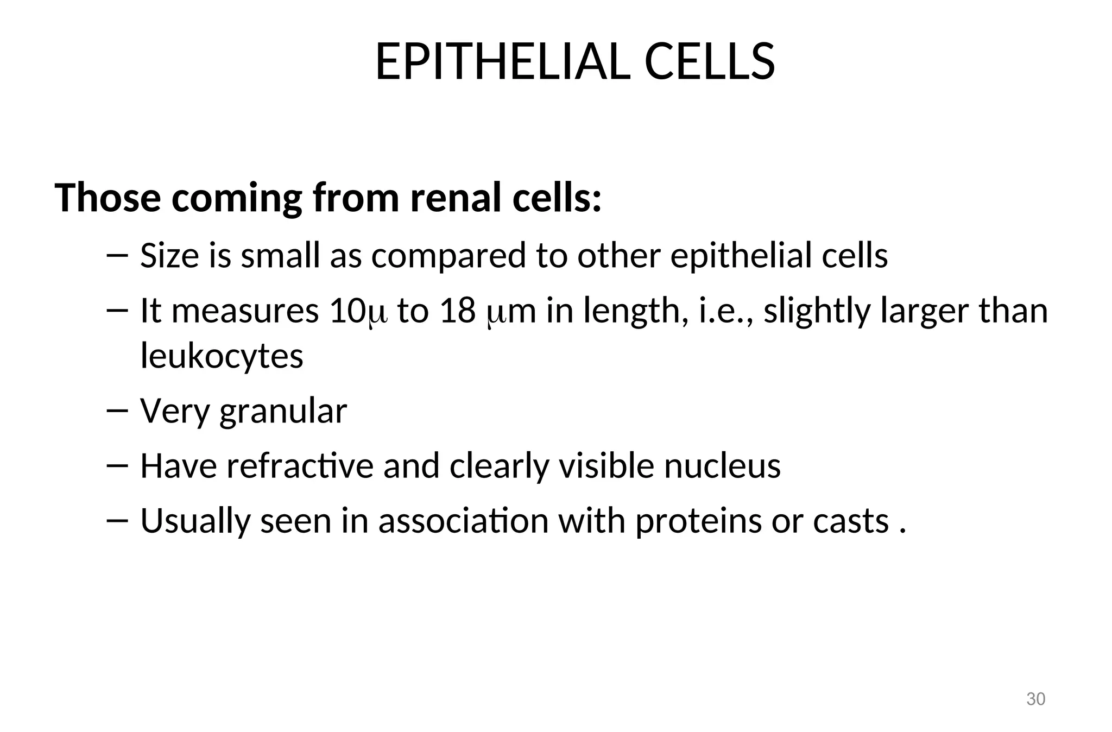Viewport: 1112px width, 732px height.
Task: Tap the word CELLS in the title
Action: point(710,62)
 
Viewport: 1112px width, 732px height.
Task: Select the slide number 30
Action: point(1035,699)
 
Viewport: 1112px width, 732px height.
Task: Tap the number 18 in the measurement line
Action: point(458,311)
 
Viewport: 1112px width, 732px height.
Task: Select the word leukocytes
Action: point(222,356)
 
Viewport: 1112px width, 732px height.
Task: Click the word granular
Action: point(283,412)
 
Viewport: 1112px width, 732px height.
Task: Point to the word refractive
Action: point(300,466)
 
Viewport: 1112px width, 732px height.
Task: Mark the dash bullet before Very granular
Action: point(117,411)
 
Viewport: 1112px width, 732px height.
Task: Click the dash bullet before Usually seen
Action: point(117,520)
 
